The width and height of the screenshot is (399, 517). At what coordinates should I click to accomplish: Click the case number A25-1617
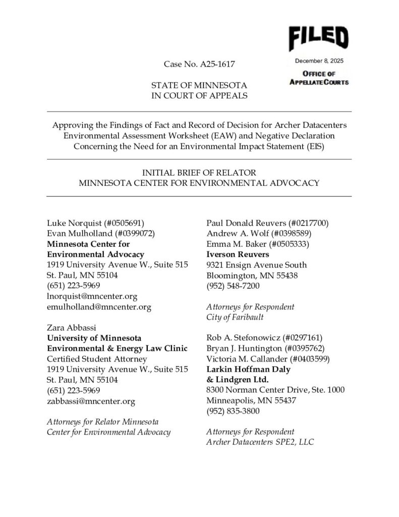pyautogui.click(x=200, y=65)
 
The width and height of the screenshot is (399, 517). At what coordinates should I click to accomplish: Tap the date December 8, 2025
pyautogui.click(x=318, y=62)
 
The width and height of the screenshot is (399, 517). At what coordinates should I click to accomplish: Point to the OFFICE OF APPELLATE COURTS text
pyautogui.click(x=318, y=78)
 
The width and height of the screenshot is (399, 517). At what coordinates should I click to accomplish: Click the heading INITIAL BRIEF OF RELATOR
pyautogui.click(x=199, y=173)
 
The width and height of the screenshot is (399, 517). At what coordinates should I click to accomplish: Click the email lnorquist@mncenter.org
pyautogui.click(x=92, y=296)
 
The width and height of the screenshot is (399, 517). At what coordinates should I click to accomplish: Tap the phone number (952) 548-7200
pyautogui.click(x=234, y=286)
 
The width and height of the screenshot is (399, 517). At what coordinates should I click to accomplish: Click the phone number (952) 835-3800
pyautogui.click(x=234, y=411)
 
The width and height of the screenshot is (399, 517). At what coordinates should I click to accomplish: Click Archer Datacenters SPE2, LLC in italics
pyautogui.click(x=260, y=442)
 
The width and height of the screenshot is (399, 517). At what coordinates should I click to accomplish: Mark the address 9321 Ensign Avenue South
pyautogui.click(x=257, y=265)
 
